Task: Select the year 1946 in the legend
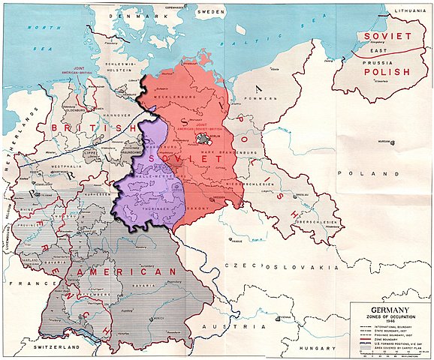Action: click(x=388, y=319)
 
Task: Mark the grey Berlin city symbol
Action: click(x=201, y=138)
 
